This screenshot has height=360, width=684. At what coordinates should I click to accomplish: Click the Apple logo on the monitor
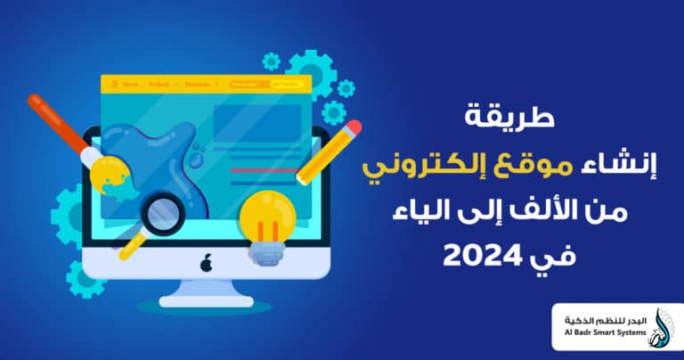pyautogui.click(x=207, y=264)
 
